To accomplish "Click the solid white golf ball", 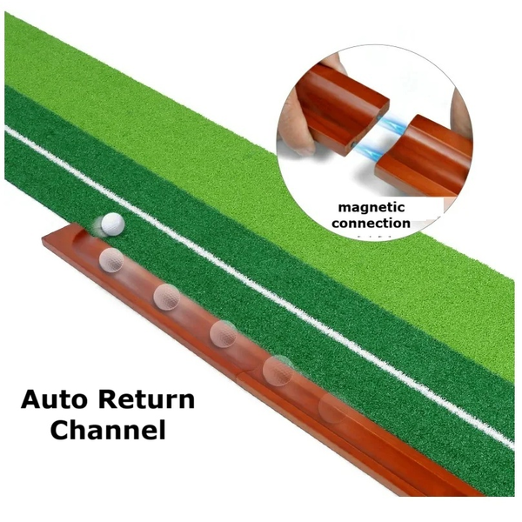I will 110,224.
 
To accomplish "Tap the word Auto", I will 55,400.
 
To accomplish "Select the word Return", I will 146,400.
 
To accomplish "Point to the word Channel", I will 108,430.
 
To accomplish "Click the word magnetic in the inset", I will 372,208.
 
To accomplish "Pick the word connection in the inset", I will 372,223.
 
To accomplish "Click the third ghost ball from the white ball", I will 224,331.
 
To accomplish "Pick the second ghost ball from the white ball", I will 166,296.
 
